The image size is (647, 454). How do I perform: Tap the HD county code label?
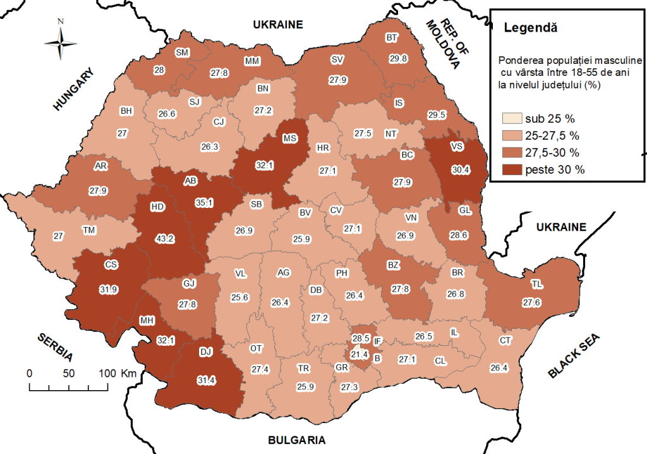(x=157, y=207)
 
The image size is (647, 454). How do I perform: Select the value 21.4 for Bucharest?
(x=360, y=354)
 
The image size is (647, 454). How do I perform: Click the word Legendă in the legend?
(x=531, y=28)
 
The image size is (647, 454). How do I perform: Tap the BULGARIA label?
(x=296, y=440)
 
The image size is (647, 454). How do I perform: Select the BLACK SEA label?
(x=575, y=355)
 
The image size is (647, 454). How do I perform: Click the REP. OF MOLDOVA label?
(x=441, y=42)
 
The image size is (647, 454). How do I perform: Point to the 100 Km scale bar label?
(x=118, y=372)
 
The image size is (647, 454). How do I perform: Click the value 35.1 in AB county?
(x=200, y=203)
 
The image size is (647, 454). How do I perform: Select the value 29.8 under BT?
(x=397, y=59)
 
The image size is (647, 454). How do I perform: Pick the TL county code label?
(x=536, y=283)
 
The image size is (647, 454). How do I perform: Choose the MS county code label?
(x=290, y=138)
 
